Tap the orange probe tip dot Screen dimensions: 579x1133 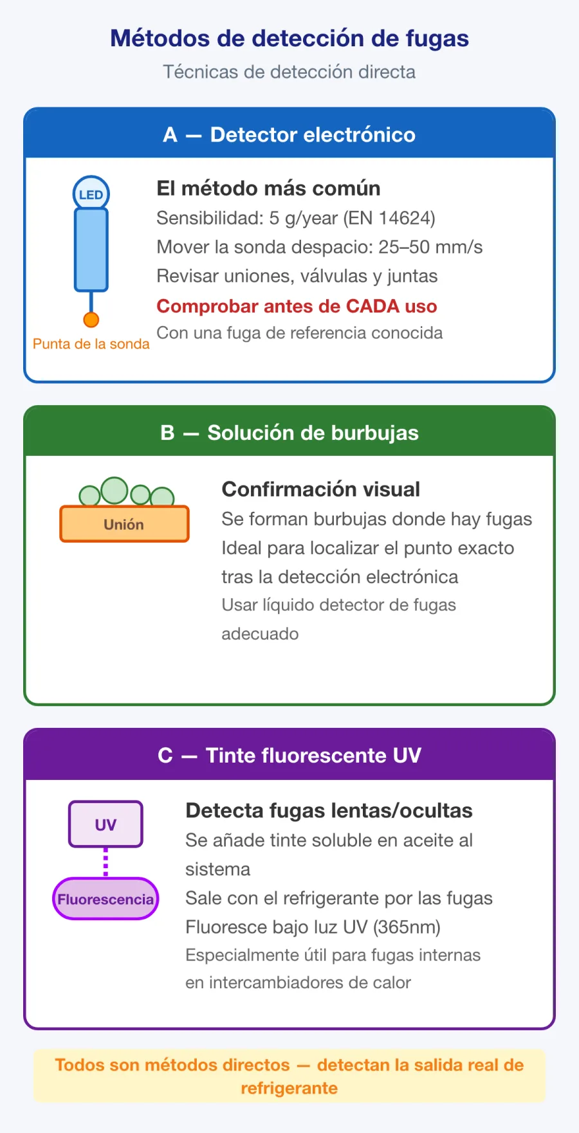click(x=91, y=320)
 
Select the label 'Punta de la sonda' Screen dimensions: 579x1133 click(x=91, y=344)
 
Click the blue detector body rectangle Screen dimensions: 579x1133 click(x=91, y=250)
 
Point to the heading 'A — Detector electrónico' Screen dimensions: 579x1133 click(x=289, y=134)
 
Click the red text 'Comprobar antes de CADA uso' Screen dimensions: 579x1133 click(x=297, y=306)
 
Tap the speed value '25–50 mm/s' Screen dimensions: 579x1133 click(x=430, y=248)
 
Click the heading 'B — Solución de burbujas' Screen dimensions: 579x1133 click(x=289, y=433)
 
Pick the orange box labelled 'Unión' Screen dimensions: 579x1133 click(x=124, y=523)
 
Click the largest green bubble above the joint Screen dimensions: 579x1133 click(x=115, y=490)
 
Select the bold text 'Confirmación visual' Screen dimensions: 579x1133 click(x=320, y=489)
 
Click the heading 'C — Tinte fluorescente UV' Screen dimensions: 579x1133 click(x=289, y=755)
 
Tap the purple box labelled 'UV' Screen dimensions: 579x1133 click(x=106, y=824)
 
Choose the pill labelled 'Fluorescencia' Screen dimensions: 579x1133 click(x=106, y=899)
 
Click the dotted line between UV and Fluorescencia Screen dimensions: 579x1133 click(x=106, y=862)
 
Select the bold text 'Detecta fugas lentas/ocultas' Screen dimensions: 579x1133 click(x=329, y=811)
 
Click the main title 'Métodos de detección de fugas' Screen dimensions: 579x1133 click(x=289, y=39)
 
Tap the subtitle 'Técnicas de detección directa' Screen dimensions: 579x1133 click(x=289, y=72)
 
